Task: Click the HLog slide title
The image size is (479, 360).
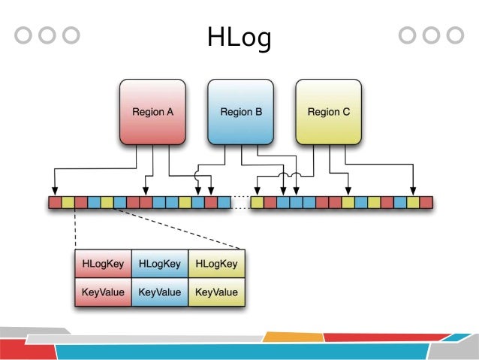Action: point(239,38)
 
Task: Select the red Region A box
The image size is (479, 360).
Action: point(153,112)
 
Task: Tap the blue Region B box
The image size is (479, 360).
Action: point(241,112)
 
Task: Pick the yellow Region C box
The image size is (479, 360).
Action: point(329,112)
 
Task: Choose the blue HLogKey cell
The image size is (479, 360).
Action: point(160,264)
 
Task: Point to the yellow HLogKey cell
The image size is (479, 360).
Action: point(216,264)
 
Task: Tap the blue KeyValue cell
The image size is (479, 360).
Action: point(160,292)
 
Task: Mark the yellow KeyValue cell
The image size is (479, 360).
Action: point(216,292)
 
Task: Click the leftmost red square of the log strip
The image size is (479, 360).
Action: point(55,202)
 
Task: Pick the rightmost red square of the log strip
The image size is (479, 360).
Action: point(426,202)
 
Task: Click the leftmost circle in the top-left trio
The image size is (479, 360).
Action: point(24,35)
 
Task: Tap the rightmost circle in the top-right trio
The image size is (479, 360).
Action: point(455,35)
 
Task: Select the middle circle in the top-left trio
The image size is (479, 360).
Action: point(47,35)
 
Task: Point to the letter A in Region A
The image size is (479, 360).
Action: point(170,112)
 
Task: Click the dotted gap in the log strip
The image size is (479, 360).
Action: point(240,202)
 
